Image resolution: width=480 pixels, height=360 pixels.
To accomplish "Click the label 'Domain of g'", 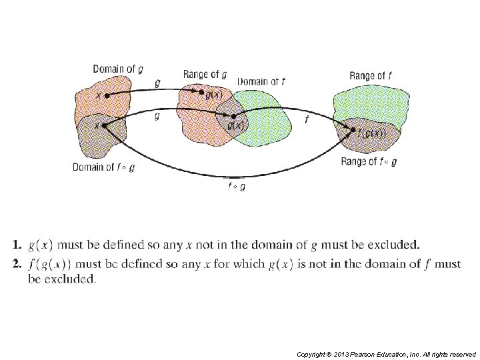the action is (117, 69).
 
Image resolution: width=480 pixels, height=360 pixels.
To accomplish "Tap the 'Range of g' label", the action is (205, 73).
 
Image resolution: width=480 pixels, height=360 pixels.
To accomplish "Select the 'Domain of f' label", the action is (262, 81).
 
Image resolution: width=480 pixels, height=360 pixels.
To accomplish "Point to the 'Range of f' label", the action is (370, 76).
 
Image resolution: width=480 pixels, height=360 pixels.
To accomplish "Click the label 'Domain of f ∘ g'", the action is (104, 167).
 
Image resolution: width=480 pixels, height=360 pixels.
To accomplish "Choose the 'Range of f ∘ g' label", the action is (369, 161).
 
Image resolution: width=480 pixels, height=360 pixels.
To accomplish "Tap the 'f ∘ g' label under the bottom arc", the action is (236, 187).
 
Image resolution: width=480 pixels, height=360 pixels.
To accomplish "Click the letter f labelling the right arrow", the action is (306, 120).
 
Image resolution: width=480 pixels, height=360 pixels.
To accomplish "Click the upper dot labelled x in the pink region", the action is (107, 95).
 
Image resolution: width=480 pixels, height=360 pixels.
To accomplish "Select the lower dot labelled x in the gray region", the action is (104, 125).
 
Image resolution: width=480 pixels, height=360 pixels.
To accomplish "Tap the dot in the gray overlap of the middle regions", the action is (233, 116).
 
